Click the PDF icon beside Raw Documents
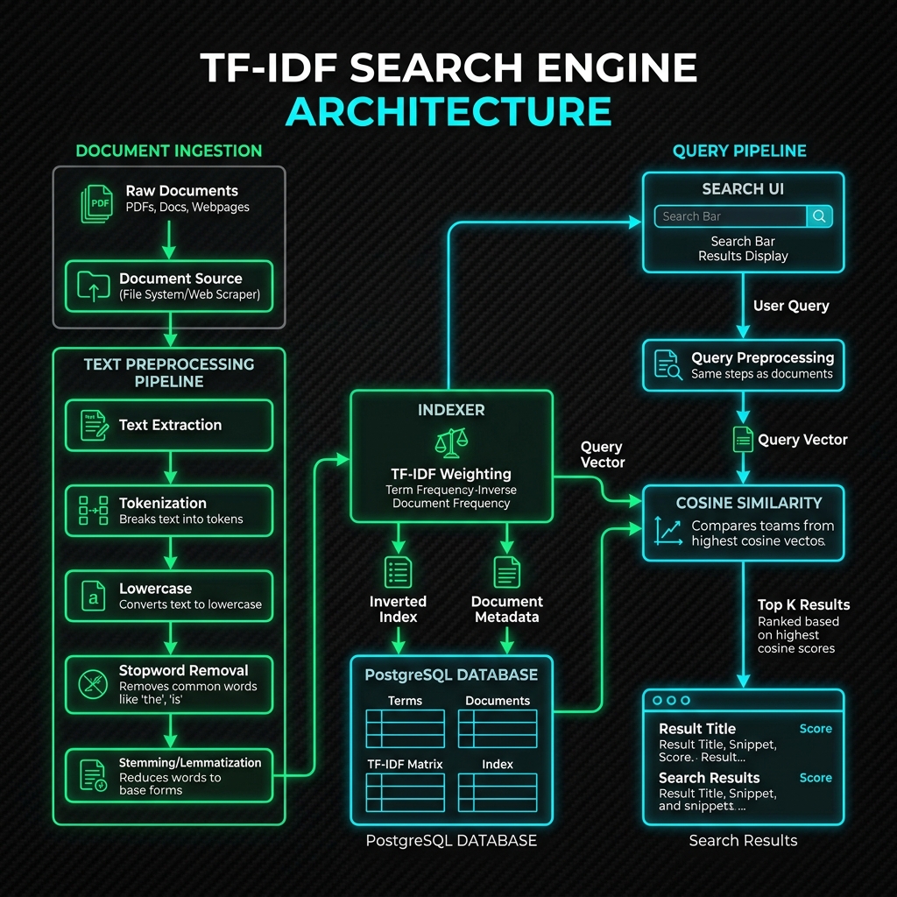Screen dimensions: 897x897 (96, 203)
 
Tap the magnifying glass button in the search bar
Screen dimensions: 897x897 (819, 216)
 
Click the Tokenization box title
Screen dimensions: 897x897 (162, 503)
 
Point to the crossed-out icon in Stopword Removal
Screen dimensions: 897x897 (93, 684)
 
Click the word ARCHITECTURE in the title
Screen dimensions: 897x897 (448, 111)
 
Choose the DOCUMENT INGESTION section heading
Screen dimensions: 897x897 (169, 151)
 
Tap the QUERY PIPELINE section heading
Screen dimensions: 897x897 (739, 151)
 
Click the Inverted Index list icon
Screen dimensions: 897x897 (399, 572)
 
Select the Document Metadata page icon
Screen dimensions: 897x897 (507, 572)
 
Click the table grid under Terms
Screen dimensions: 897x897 (405, 729)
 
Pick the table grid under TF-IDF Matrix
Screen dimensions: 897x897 (405, 792)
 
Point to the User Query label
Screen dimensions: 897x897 (791, 306)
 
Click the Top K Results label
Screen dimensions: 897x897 (803, 604)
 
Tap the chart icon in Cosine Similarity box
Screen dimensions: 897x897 (668, 531)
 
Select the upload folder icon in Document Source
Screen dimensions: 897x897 (94, 286)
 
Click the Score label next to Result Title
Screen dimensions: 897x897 (816, 729)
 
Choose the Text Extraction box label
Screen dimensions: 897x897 (170, 425)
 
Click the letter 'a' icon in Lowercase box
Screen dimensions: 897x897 (93, 596)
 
